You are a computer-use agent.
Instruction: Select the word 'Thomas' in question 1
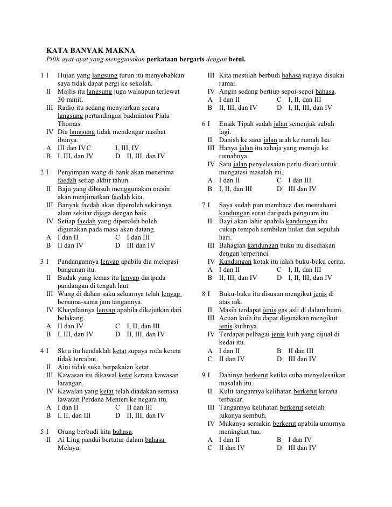[69, 124]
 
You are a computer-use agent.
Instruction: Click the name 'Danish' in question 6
[229, 140]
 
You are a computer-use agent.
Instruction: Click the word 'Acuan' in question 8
[229, 318]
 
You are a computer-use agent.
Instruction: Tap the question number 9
[203, 375]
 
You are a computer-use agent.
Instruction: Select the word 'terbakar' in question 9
[232, 399]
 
